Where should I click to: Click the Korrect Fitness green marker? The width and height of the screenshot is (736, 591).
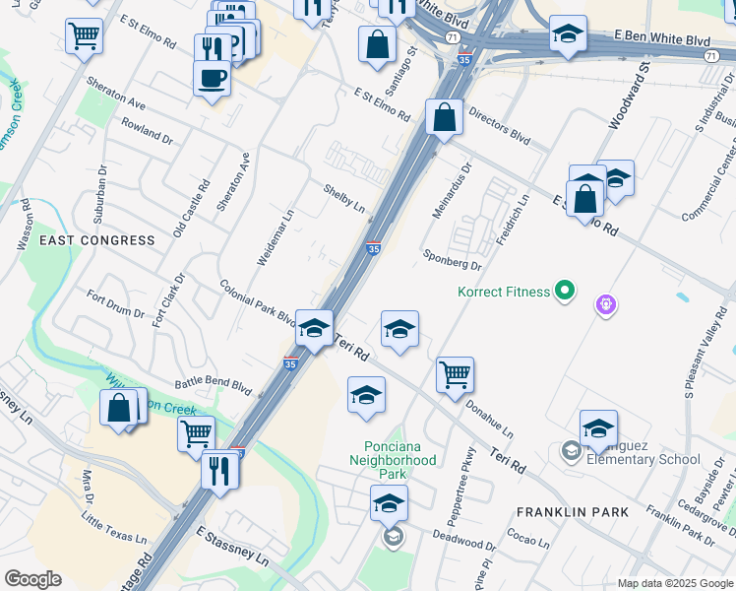[564, 291]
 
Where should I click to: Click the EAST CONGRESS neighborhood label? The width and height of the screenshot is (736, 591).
[97, 240]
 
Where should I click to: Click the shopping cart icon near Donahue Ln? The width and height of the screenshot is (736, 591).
[455, 373]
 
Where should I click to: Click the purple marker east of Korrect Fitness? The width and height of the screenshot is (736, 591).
[607, 305]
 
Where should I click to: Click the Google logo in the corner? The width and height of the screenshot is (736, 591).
[32, 579]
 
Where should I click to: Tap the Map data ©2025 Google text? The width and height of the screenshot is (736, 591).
[674, 583]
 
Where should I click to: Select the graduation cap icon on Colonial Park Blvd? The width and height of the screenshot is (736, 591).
[314, 328]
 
